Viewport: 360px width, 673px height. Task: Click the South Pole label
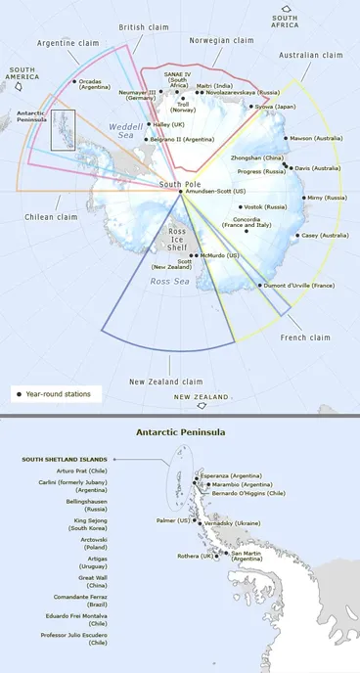(179, 184)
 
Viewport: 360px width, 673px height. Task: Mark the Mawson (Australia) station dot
(286, 139)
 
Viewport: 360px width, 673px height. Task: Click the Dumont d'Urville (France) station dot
(259, 285)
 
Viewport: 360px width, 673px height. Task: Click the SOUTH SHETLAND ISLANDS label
(64, 458)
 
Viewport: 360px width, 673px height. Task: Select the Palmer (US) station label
(172, 520)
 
